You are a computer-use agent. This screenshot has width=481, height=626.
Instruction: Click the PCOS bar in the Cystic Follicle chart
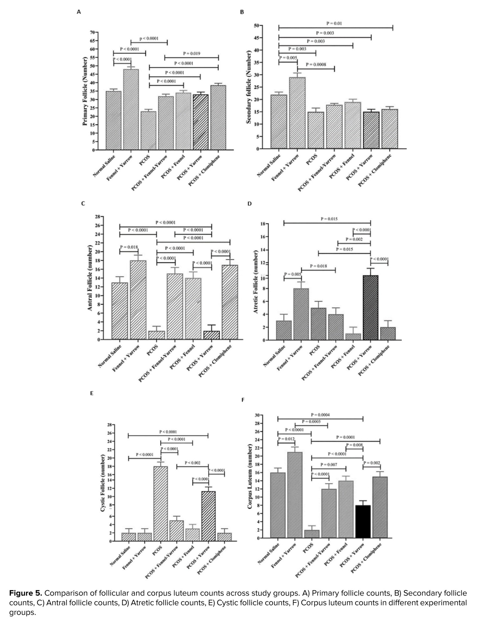pos(160,504)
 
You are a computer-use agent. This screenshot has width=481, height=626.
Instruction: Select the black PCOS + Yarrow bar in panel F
pos(363,521)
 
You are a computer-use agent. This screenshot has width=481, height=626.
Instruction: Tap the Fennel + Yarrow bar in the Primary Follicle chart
pos(131,110)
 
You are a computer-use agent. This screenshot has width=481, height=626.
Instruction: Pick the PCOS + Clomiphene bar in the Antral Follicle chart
pos(230,302)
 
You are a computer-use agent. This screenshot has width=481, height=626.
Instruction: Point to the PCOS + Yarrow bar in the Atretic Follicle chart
pos(371,308)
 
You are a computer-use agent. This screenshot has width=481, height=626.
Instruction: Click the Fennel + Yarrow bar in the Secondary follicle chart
pos(297,113)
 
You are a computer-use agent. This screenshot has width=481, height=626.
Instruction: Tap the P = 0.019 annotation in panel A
pos(192,54)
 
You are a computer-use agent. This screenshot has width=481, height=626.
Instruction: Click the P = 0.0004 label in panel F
pos(320,415)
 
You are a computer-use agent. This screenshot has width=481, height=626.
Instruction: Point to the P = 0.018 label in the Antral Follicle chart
pos(129,247)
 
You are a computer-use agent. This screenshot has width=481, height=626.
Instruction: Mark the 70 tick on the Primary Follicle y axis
pos(92,32)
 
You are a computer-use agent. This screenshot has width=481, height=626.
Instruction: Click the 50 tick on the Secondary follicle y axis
pos(256,26)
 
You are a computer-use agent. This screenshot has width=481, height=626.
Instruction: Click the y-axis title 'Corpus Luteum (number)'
pos(250,476)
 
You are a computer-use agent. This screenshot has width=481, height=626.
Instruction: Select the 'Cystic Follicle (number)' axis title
pos(102,483)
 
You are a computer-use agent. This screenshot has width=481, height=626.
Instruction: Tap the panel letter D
pos(249,204)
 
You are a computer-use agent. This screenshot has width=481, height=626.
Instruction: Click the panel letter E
pos(92,393)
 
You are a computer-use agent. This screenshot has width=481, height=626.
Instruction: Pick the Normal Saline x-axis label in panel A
pos(105,166)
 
